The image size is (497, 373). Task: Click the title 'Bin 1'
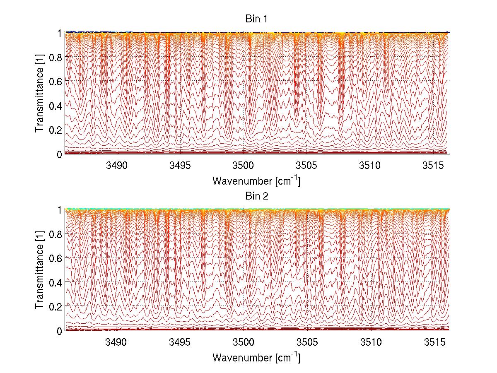coord(257,19)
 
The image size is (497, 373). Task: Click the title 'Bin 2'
coord(257,196)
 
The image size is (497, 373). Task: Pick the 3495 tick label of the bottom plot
coord(180,342)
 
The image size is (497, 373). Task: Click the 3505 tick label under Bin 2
coord(306,342)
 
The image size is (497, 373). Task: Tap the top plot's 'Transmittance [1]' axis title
coord(40,93)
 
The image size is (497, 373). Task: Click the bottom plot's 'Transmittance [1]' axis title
coord(40,270)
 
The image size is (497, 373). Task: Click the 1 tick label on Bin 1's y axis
coord(59,33)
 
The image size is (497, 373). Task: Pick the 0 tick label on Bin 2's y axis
coord(59,331)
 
